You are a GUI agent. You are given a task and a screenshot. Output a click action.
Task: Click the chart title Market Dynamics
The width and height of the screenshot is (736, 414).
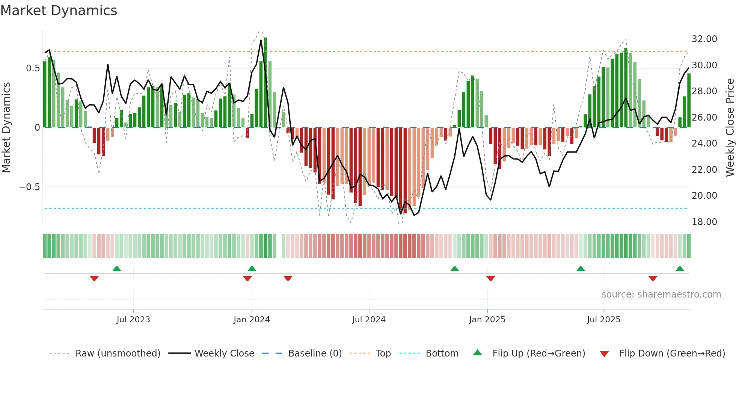point(59,11)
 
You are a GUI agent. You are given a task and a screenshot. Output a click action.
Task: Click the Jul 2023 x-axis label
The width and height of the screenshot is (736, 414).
point(133,320)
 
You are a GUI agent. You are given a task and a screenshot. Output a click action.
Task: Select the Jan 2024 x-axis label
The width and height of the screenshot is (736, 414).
point(252,320)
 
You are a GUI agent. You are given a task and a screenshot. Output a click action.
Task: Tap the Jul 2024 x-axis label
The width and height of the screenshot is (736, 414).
point(369,320)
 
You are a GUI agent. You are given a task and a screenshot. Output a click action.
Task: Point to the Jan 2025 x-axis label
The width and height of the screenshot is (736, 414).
point(487,320)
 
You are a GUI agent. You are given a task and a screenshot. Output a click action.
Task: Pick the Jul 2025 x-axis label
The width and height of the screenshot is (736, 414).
point(604,320)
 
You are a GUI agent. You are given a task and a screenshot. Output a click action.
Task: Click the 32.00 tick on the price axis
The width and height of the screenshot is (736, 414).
point(704,39)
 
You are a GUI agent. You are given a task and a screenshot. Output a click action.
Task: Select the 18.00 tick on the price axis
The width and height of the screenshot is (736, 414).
point(704,222)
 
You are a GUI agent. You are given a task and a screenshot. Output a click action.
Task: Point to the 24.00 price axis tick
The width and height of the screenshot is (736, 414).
point(704,144)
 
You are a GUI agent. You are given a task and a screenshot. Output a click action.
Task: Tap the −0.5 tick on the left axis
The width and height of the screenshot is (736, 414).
point(30,187)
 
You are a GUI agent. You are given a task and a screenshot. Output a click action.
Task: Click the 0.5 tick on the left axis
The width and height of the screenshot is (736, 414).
point(33,68)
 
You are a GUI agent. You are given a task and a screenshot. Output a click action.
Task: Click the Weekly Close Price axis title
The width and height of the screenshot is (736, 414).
point(730,128)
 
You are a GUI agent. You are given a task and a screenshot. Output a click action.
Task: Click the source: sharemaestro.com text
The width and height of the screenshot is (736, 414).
point(661,295)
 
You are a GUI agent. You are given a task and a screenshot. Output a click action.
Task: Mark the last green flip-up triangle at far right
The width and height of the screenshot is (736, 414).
point(680,269)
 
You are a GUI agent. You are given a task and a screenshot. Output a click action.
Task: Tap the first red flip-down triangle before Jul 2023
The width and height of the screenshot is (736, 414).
point(94,278)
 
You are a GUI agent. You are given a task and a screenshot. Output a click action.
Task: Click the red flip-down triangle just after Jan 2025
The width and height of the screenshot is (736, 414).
point(491,278)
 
